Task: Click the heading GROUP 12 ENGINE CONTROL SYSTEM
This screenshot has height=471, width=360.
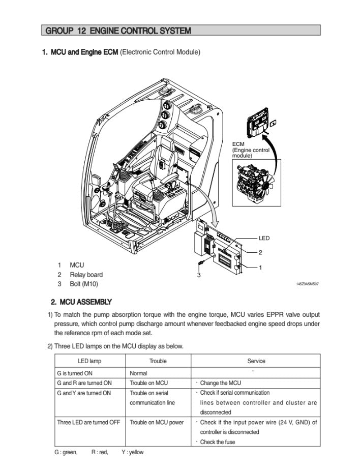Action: coord(118,31)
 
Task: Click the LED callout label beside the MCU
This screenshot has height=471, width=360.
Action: coord(264,238)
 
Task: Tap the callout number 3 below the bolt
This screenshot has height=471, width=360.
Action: coord(199,275)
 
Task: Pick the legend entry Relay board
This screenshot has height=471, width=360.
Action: coord(86,275)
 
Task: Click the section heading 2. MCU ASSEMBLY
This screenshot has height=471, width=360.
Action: coord(81,302)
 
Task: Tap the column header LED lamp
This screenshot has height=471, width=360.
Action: coord(89,361)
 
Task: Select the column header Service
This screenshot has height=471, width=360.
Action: coord(256,361)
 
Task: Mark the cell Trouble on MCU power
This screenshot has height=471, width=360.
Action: coord(157,422)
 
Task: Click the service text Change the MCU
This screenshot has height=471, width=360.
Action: coord(220,383)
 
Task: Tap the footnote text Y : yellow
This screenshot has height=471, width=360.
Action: coord(133,452)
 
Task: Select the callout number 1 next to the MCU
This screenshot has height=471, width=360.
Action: coord(260,267)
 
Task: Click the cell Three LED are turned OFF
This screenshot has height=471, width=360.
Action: coord(88,422)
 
